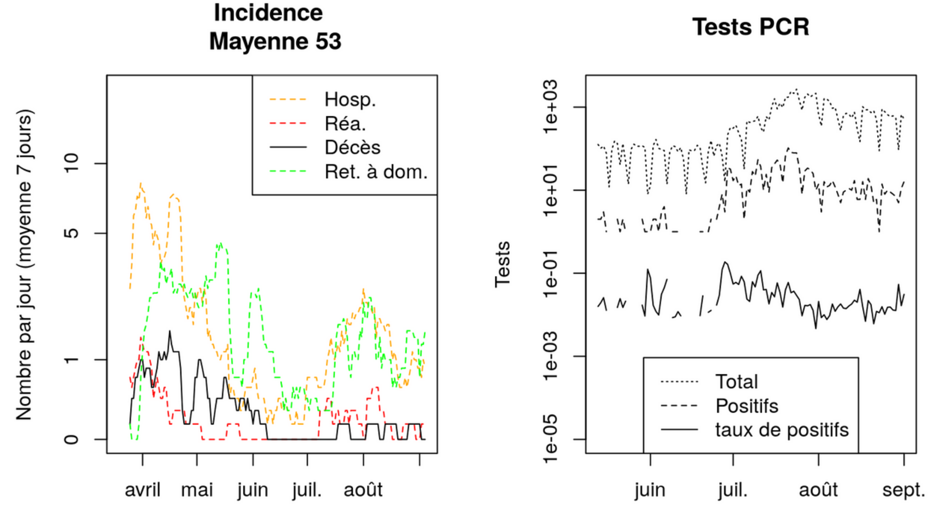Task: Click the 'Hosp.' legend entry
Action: click(350, 100)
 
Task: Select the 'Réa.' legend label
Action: click(345, 124)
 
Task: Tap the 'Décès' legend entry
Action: click(352, 148)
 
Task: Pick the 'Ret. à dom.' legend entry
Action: click(376, 172)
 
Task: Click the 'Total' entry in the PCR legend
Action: click(737, 382)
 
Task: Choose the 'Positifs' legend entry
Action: click(747, 406)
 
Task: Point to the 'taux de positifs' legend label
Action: click(782, 430)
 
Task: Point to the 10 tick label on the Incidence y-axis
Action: click(71, 163)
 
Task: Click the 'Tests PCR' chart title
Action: click(751, 27)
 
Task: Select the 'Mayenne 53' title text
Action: click(275, 42)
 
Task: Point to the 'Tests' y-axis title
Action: click(503, 265)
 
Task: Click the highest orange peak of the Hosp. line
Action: click(141, 184)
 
